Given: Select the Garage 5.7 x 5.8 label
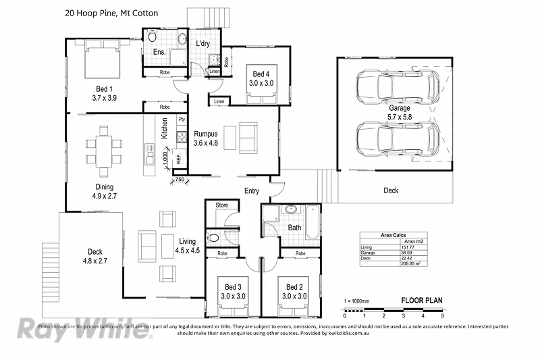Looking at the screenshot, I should click(399, 111).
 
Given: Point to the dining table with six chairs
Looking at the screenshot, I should click(104, 150).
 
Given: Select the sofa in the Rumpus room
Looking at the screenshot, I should click(248, 137).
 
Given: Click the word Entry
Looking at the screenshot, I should click(252, 191).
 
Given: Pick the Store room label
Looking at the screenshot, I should click(221, 205).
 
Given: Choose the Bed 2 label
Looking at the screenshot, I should click(292, 291).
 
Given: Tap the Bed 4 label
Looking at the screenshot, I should click(261, 78).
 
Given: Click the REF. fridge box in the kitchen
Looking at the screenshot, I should click(179, 159).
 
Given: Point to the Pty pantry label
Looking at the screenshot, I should click(181, 120).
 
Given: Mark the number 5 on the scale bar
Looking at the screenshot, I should click(442, 315).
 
